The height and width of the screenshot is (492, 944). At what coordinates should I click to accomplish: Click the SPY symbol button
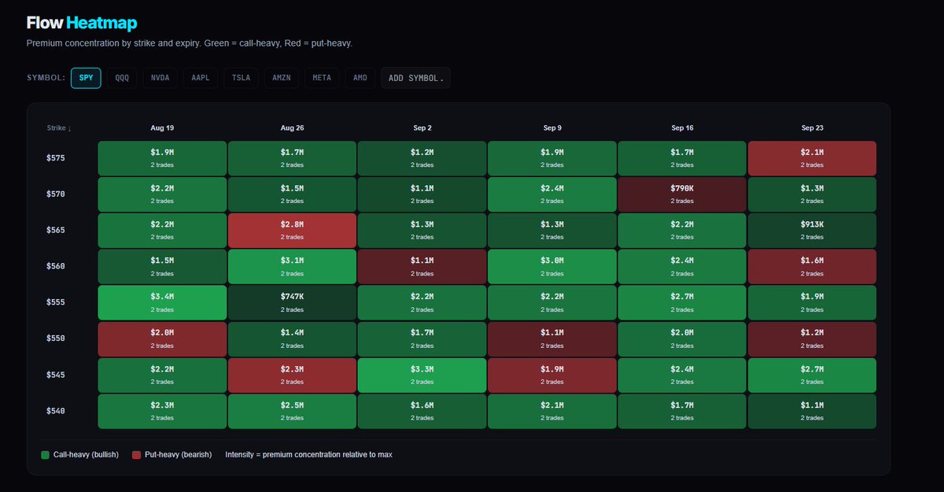click(86, 78)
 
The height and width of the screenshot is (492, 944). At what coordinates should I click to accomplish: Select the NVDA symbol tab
click(160, 78)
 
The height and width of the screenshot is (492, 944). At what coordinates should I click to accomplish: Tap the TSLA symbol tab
click(241, 78)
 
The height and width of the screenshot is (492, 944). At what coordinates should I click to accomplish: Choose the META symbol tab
click(322, 78)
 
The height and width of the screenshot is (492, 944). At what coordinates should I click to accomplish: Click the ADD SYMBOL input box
click(415, 78)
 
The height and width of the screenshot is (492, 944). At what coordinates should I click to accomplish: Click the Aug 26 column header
click(292, 128)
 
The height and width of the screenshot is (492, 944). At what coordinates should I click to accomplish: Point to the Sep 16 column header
click(682, 128)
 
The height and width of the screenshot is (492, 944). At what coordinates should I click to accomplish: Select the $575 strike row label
click(56, 158)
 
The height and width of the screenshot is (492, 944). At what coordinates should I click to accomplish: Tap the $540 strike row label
click(56, 411)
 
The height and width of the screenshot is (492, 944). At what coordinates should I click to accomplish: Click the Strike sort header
click(59, 128)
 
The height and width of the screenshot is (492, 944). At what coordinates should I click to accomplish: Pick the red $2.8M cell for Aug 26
click(292, 231)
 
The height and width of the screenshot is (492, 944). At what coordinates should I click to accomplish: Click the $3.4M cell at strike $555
click(162, 303)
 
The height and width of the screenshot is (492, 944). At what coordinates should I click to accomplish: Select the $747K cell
click(292, 303)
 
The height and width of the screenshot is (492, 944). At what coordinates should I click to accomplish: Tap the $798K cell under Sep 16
click(682, 194)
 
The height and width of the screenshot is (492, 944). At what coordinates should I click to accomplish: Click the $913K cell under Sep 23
click(812, 231)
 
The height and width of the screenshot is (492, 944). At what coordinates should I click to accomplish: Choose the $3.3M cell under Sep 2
click(422, 375)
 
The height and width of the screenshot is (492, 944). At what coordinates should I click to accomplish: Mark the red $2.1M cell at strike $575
click(812, 158)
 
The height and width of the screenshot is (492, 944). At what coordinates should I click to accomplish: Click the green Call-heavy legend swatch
click(45, 455)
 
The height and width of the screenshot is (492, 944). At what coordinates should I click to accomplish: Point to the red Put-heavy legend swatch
click(136, 455)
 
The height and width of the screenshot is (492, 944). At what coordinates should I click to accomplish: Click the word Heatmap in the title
click(101, 23)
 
